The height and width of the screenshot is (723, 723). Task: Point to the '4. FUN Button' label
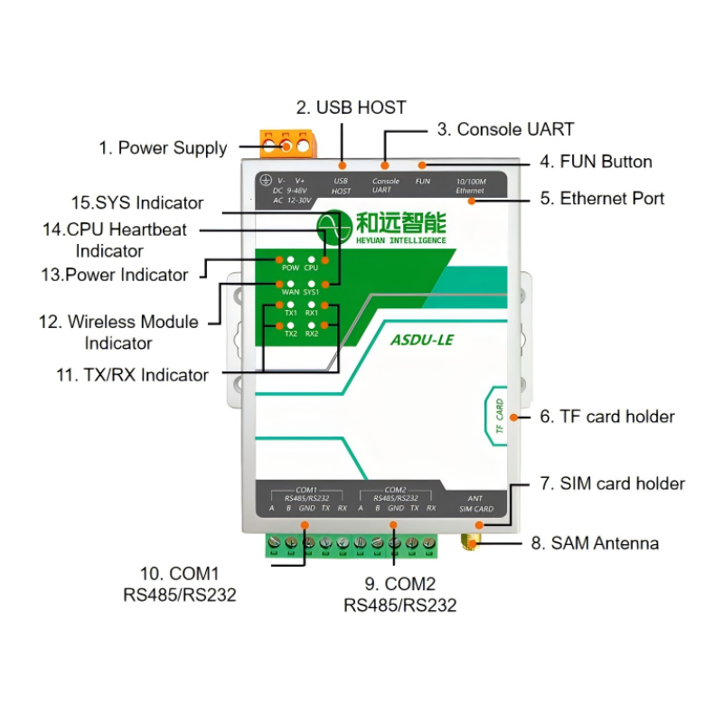coord(596,162)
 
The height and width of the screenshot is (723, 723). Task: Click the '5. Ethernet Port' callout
coord(602,198)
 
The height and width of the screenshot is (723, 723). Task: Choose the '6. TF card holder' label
coord(607,417)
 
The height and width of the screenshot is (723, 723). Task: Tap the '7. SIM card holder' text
coord(613,484)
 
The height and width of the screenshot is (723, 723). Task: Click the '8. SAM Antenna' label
coord(595,543)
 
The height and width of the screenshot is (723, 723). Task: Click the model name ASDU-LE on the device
coord(420,342)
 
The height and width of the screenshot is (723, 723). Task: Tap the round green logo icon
coord(333,226)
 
